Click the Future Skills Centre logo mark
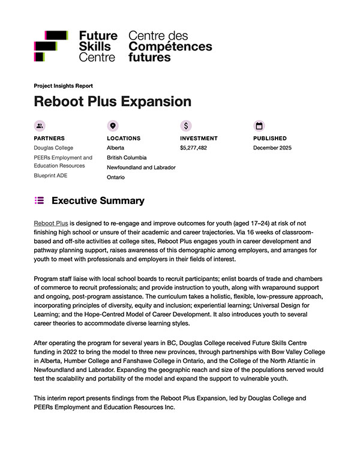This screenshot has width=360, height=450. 51,46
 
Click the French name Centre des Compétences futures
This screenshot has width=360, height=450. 170,46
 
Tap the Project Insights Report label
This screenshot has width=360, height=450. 63,86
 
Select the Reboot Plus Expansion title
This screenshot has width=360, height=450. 112,101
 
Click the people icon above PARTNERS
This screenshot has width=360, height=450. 40,126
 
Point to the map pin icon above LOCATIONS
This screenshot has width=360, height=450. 112,126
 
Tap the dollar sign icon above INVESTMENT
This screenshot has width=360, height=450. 186,126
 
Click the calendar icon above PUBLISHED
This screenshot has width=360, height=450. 259,126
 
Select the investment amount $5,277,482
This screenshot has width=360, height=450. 193,148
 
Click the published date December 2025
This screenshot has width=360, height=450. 272,148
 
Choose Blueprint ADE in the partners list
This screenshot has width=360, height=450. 51,175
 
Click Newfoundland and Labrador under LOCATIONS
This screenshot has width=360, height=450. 141,167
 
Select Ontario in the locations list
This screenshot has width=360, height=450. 116,178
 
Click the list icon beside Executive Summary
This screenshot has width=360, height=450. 40,200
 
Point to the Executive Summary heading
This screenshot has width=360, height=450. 98,200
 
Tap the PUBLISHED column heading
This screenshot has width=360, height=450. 269,138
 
